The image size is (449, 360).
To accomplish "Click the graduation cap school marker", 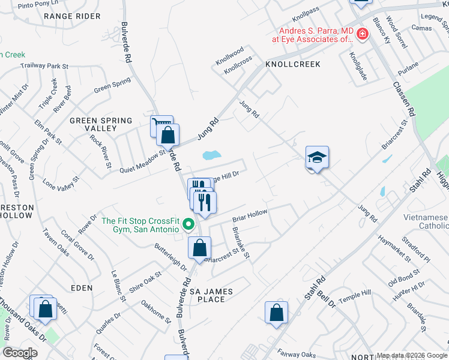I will [x=317, y=158].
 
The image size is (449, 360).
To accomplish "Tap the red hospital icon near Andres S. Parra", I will [x=362, y=34].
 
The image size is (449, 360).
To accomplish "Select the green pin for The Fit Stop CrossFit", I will [x=188, y=225].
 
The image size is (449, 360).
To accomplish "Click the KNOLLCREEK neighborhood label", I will [x=293, y=64].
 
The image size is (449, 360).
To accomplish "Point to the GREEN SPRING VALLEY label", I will [x=101, y=124].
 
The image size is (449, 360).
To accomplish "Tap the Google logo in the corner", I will [x=20, y=353].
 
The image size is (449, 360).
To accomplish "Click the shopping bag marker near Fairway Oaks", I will [x=276, y=313].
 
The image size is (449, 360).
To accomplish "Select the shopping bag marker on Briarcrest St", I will [x=199, y=248].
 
